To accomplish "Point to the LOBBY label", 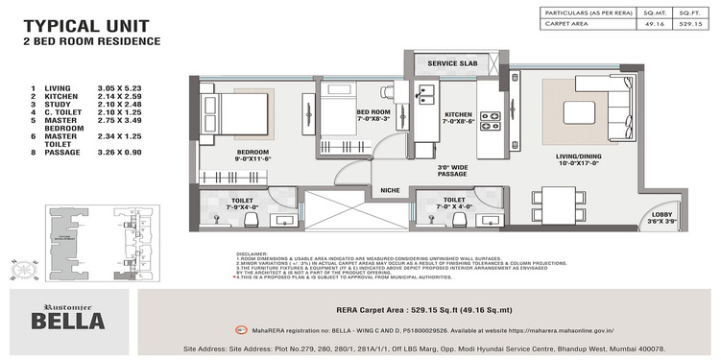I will tap(661, 217).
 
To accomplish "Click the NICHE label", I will tap(391, 189).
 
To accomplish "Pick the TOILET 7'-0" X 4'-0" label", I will tap(449, 202).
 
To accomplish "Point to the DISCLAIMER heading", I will tap(252, 253).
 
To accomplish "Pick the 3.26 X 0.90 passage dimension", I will tap(119, 152).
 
